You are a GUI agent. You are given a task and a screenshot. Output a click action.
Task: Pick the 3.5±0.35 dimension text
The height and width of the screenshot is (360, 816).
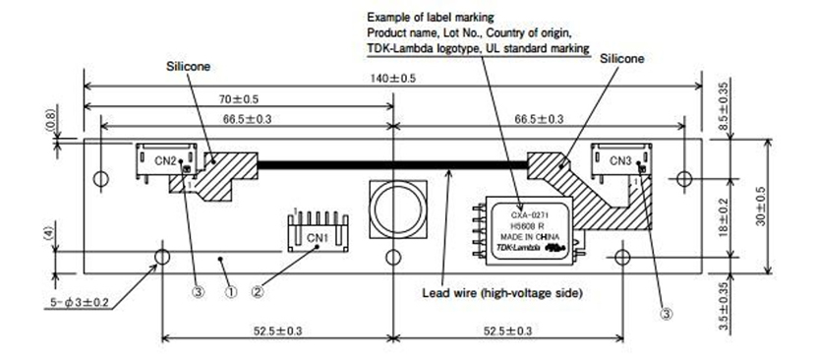click(722, 307)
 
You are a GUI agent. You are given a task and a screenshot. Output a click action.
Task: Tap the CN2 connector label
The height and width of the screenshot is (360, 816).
click(165, 161)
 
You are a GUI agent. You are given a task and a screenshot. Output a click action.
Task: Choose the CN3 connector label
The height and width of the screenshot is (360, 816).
click(620, 161)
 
